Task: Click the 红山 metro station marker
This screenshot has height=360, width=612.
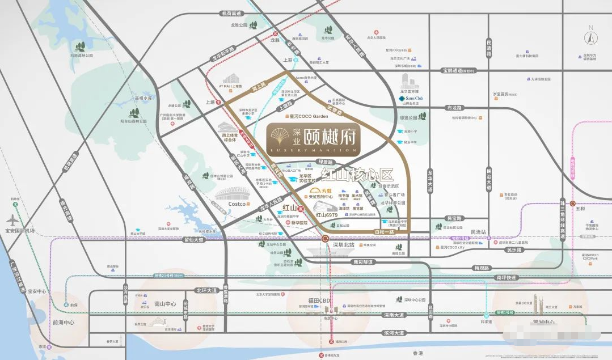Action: click(301, 209)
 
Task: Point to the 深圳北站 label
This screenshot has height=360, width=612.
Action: click(343, 245)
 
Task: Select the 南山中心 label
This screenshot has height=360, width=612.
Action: click(165, 304)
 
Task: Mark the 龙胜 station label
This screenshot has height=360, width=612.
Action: click(275, 40)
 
